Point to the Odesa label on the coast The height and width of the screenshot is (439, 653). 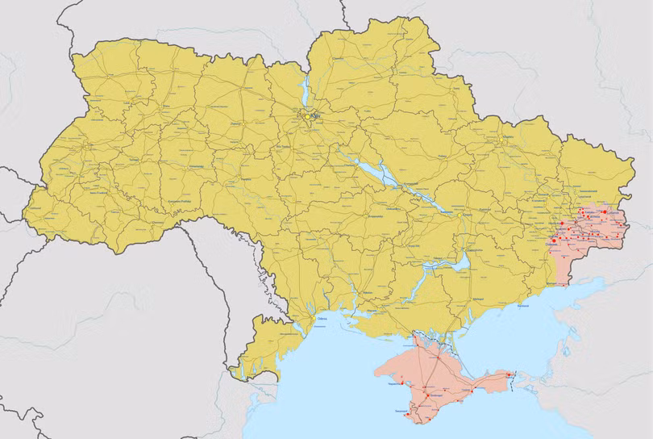click(322, 320)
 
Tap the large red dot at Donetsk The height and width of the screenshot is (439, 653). click(555, 240)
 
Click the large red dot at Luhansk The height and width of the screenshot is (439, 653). click(605, 211)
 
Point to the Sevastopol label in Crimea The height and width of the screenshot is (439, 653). click(401, 412)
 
